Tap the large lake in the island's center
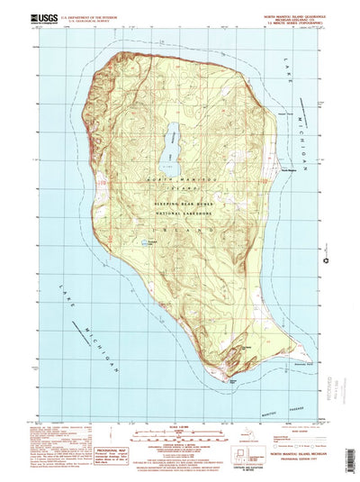point(168,149)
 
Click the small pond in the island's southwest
point(147,242)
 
